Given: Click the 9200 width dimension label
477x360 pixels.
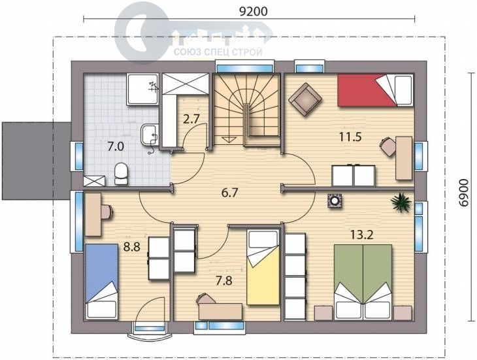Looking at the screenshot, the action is (x=253, y=11).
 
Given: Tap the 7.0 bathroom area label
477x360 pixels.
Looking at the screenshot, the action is (x=116, y=146).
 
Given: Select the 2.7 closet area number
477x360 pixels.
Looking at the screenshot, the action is (x=191, y=118).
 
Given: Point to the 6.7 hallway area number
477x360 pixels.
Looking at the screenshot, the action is (x=229, y=193).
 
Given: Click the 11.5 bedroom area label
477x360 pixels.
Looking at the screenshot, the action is (x=350, y=137).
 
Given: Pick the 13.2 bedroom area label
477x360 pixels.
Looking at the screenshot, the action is (x=362, y=235).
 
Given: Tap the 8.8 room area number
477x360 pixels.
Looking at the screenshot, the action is (x=132, y=247).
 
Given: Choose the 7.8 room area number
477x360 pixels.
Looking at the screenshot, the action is (x=224, y=280).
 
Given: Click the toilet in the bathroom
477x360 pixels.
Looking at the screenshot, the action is (x=121, y=174).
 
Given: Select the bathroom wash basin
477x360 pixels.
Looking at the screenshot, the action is (x=150, y=135).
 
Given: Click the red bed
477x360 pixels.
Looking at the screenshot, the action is (x=376, y=90).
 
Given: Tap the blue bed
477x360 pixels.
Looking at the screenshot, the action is (x=101, y=281).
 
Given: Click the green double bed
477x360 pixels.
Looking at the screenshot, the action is (x=363, y=282).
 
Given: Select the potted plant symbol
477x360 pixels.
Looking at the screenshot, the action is (x=401, y=202).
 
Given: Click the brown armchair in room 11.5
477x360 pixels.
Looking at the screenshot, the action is (x=304, y=99).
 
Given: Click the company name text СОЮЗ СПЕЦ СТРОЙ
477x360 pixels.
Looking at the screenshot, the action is (x=218, y=52).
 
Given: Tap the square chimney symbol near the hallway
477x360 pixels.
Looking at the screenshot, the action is (x=335, y=201).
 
